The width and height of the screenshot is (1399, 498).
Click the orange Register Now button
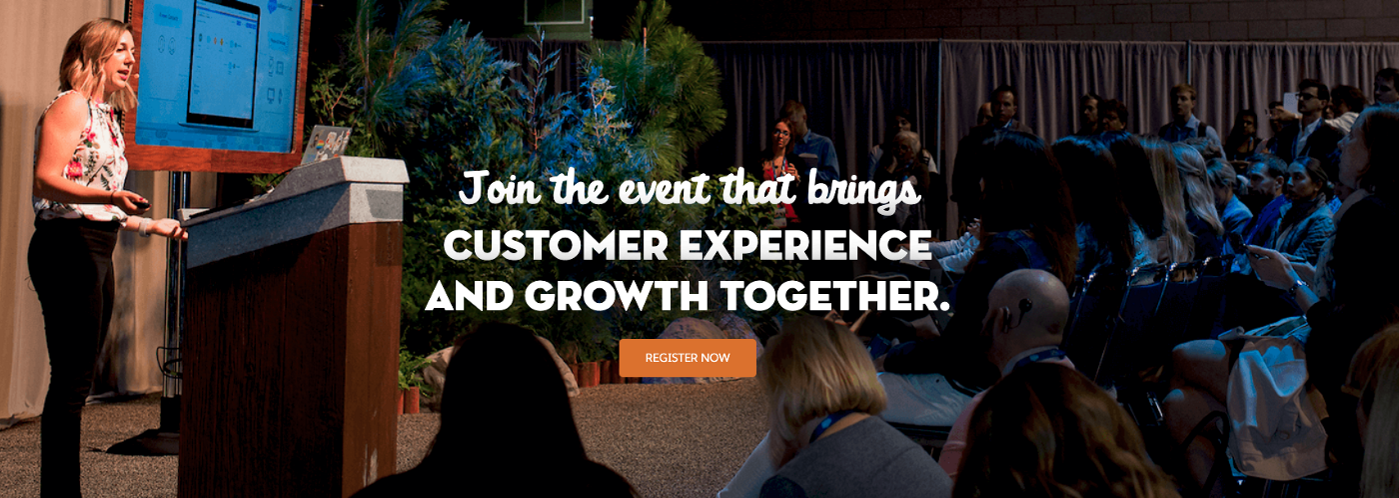coord(688,358)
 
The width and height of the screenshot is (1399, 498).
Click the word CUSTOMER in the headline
coord(556,246)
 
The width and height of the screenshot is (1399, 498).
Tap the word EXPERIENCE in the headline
coord(805,246)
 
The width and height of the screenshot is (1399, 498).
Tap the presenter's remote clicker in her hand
coord(141,203)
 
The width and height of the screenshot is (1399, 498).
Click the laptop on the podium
coord(325,144)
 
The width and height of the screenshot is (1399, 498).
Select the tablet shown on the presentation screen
coord(222,64)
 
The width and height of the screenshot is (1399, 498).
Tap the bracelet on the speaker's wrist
coord(145,226)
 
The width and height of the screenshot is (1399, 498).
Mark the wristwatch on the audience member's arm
coord(1296,288)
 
